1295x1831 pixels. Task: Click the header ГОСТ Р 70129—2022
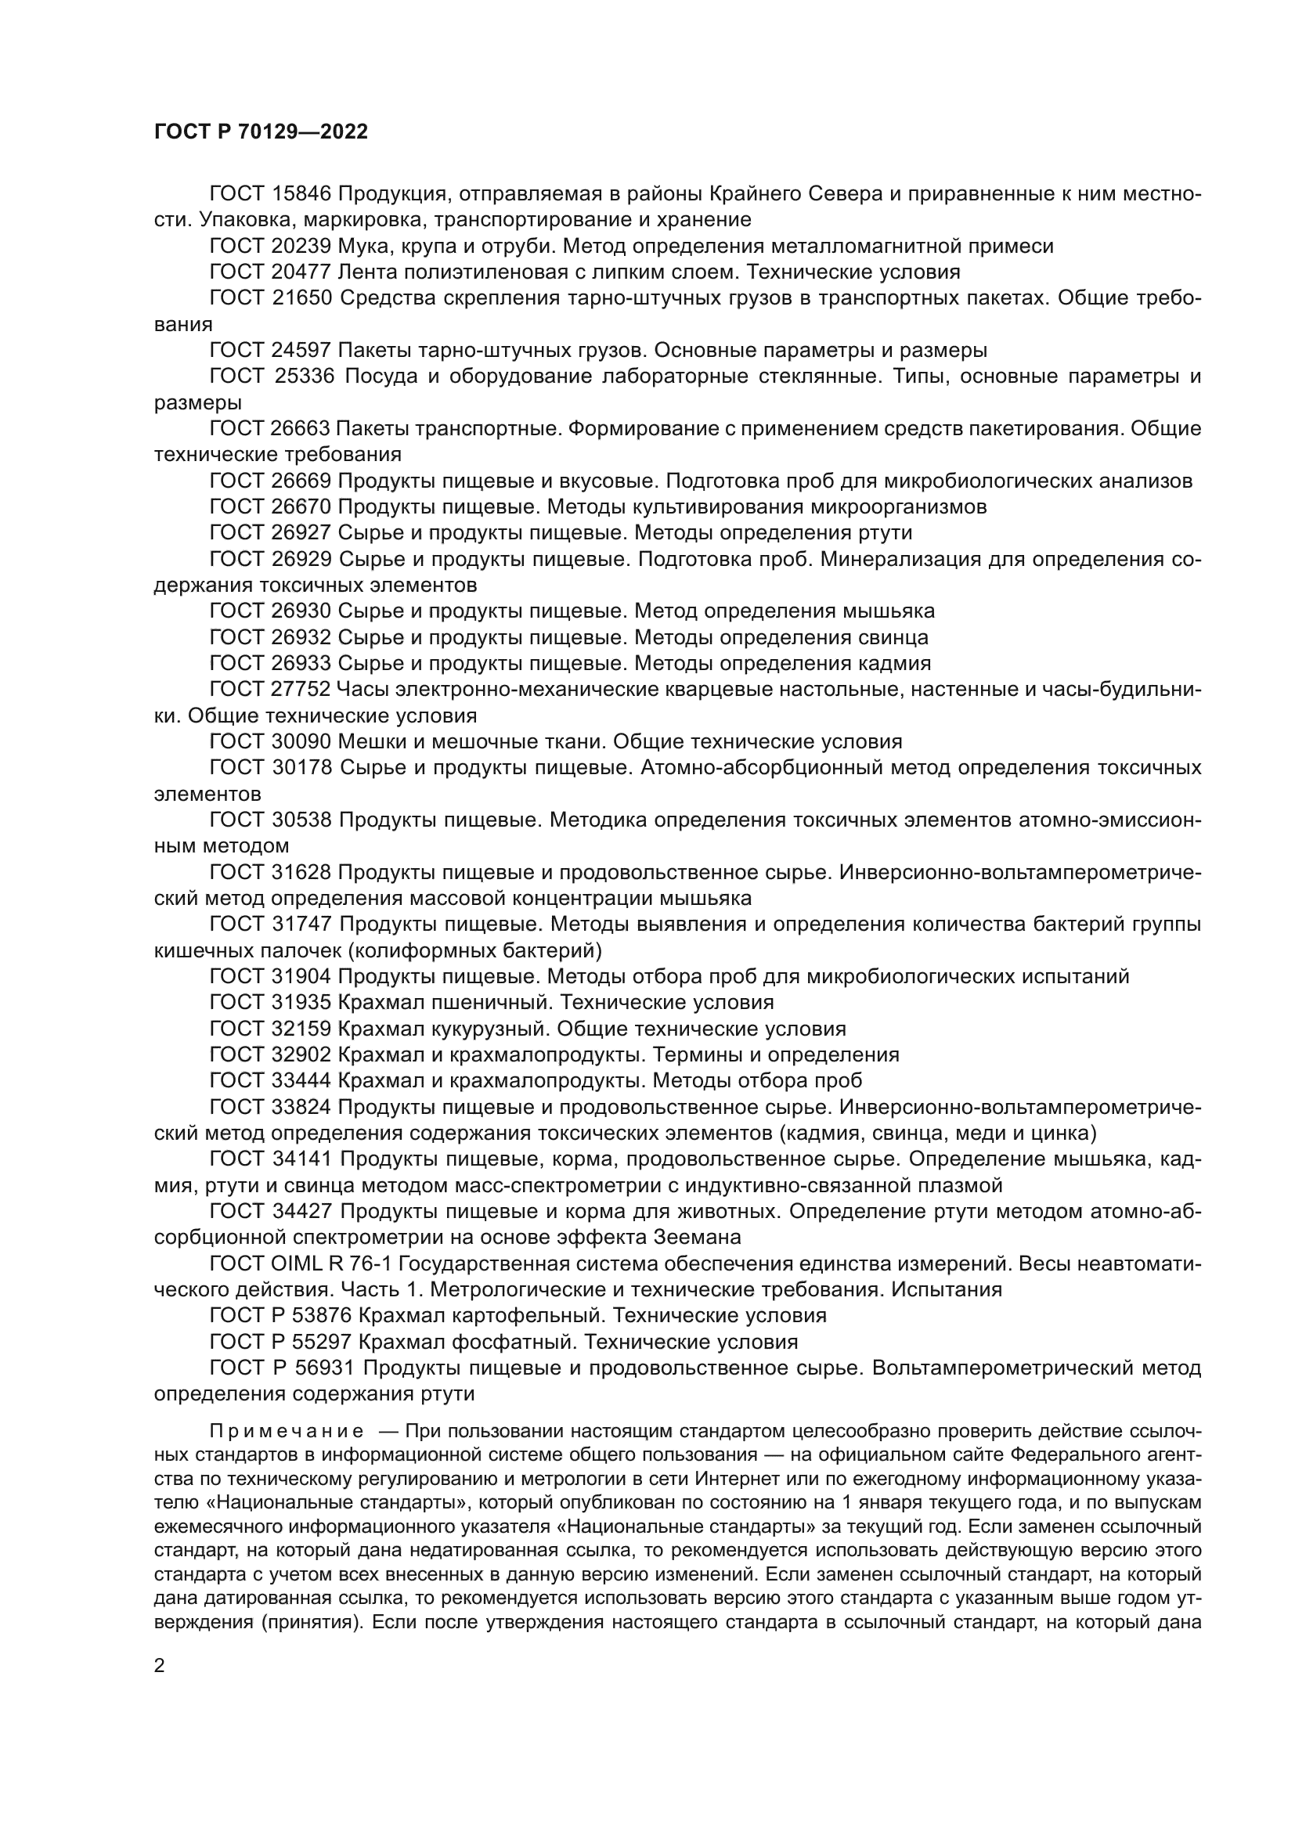(261, 132)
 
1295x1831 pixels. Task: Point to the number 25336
(304, 377)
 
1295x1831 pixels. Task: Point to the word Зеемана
(697, 1237)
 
